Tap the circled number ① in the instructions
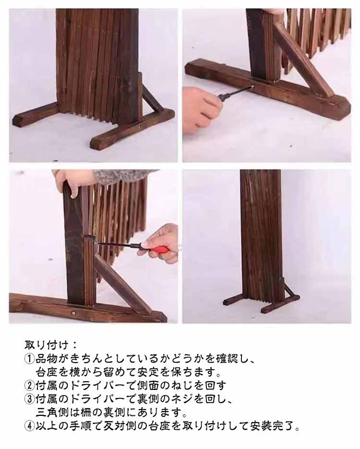[x=29, y=359]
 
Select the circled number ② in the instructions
[x=29, y=386]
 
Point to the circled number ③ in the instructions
[x=29, y=399]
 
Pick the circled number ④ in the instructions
[x=29, y=426]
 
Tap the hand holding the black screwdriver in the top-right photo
[x=202, y=109]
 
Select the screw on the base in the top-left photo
[x=140, y=125]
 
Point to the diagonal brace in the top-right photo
[x=303, y=60]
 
